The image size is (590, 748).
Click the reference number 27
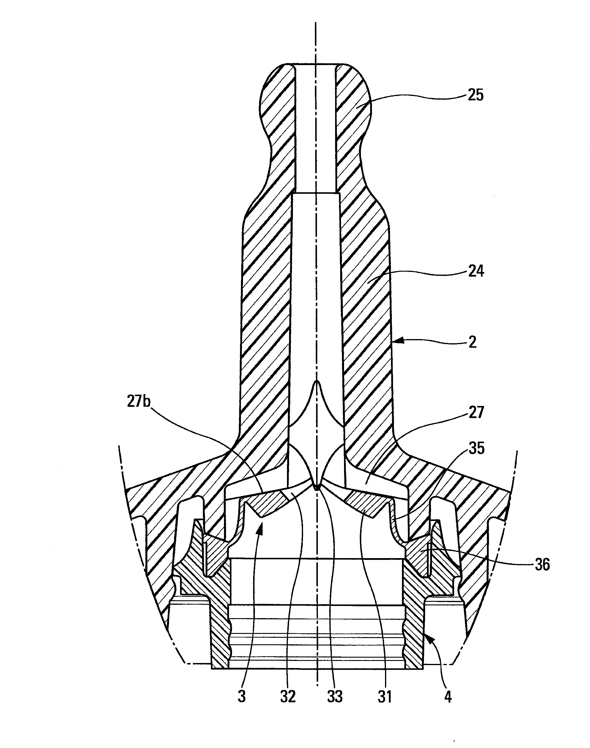[x=476, y=412]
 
